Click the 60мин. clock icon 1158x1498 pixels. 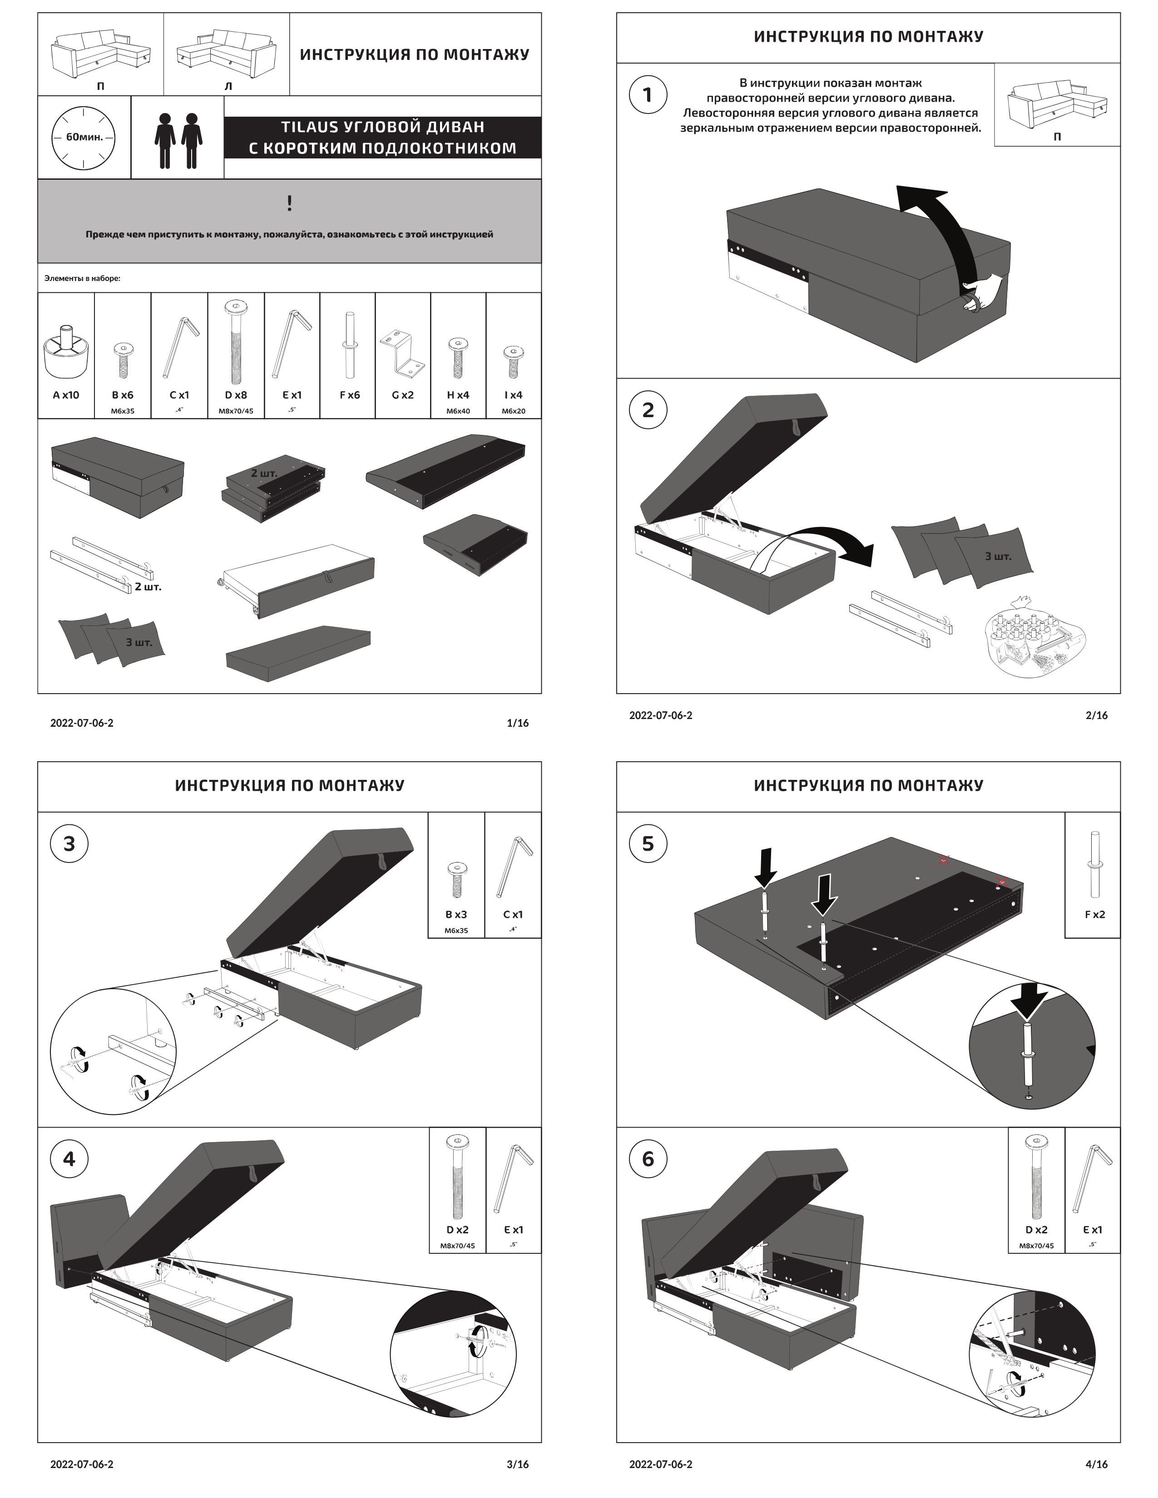84,137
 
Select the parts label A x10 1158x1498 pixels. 66,395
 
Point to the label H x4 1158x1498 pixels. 458,395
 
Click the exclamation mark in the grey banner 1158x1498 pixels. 290,203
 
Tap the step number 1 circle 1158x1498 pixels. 648,95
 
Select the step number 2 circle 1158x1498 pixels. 648,410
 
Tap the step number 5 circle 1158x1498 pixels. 648,844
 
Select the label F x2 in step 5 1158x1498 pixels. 1094,914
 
